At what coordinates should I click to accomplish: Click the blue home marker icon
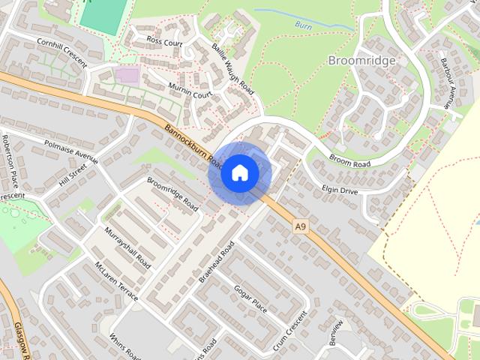[239, 172]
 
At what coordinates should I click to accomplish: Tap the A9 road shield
[301, 225]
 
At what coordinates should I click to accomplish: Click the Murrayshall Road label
[128, 248]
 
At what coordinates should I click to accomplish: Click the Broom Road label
[350, 160]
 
